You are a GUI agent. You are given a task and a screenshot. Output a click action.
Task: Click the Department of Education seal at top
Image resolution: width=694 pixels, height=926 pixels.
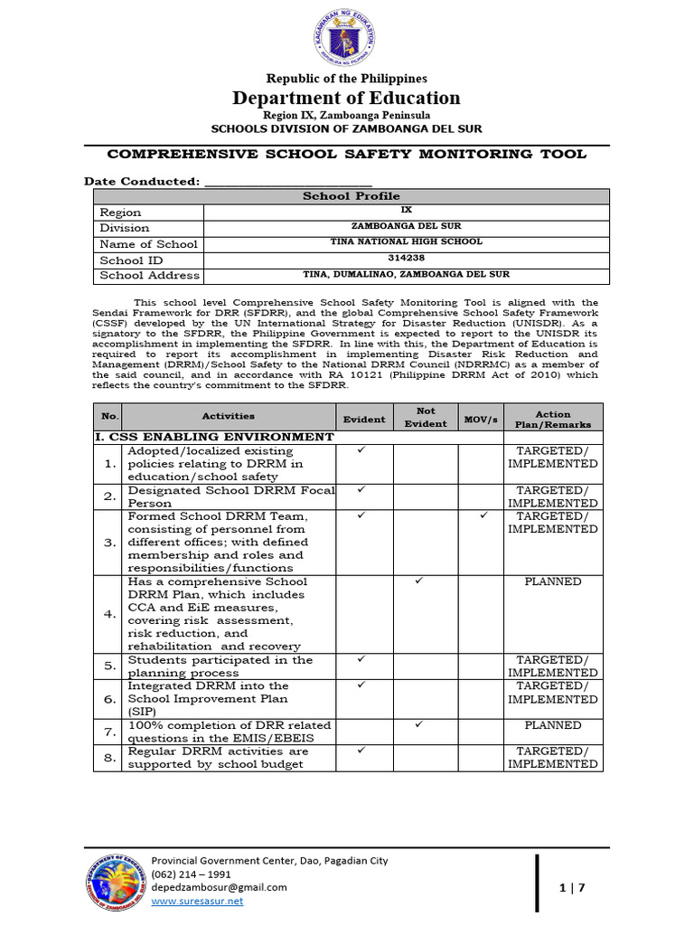[x=347, y=38]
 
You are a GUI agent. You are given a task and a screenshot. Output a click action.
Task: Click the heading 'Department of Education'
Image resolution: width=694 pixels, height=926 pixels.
[x=347, y=98]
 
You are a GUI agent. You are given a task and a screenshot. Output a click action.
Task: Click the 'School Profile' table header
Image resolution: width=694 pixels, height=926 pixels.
[x=351, y=195]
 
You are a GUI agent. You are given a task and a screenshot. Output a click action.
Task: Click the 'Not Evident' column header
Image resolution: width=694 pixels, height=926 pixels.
[x=426, y=417]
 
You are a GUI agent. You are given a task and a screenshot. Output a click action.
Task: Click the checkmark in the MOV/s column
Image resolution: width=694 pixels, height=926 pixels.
[x=483, y=515]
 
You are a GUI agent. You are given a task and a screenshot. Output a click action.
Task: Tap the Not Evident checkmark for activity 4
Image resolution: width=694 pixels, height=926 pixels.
[x=417, y=581]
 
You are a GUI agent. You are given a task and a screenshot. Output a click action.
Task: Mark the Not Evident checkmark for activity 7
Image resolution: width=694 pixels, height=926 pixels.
[x=417, y=724]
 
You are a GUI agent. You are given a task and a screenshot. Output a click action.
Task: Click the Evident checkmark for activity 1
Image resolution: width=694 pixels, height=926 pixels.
[x=361, y=449]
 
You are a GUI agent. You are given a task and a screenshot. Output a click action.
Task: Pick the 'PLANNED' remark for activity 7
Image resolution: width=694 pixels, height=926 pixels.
[x=553, y=725]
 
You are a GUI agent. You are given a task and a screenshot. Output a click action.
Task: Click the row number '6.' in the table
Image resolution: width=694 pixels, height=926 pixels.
[x=109, y=699]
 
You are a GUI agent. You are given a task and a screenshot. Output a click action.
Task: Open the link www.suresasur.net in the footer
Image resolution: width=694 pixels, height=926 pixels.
[x=197, y=901]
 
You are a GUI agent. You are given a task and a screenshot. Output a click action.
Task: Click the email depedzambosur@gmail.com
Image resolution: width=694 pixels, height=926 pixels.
[x=219, y=887]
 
